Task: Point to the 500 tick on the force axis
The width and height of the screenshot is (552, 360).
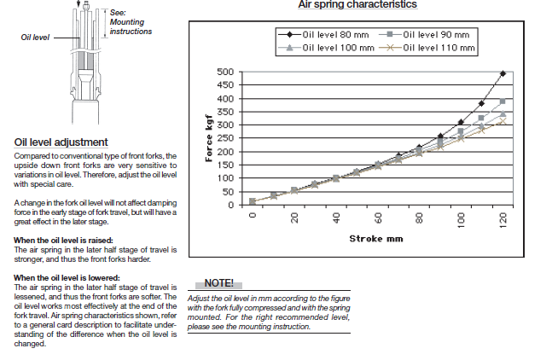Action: [x=225, y=73]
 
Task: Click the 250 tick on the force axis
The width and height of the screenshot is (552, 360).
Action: [x=225, y=138]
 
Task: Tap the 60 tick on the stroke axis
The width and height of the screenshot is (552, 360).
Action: [x=377, y=218]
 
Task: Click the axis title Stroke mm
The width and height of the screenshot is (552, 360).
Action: [x=377, y=239]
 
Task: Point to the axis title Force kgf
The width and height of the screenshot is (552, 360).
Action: [x=206, y=141]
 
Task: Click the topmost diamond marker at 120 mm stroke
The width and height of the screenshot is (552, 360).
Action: [x=503, y=74]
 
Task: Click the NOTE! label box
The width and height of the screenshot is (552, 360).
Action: [x=218, y=282]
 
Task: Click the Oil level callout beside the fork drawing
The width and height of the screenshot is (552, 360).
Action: [x=36, y=38]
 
